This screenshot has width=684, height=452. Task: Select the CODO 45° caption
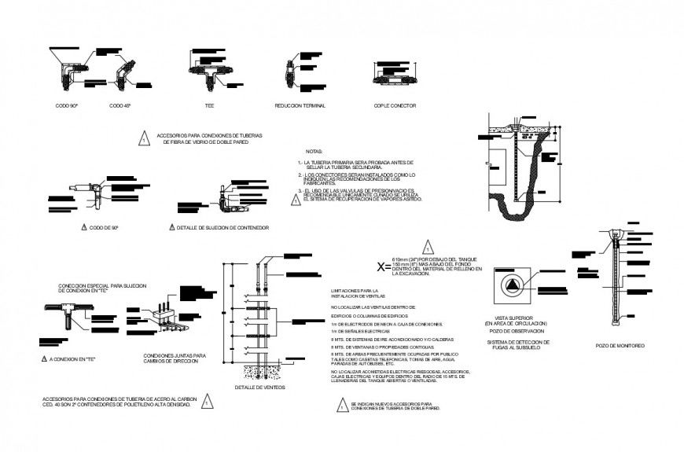(120, 105)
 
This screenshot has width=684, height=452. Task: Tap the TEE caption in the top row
(210, 105)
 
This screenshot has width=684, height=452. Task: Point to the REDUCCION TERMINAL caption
(300, 105)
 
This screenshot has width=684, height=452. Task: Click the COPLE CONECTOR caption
(395, 105)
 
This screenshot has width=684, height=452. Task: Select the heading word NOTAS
(314, 151)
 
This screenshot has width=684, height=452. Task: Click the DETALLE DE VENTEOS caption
(260, 388)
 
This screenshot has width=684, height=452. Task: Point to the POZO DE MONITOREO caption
(620, 346)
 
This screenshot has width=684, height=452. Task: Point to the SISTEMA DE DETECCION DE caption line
(518, 342)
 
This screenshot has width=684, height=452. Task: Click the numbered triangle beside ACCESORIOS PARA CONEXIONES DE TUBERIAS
(144, 138)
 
